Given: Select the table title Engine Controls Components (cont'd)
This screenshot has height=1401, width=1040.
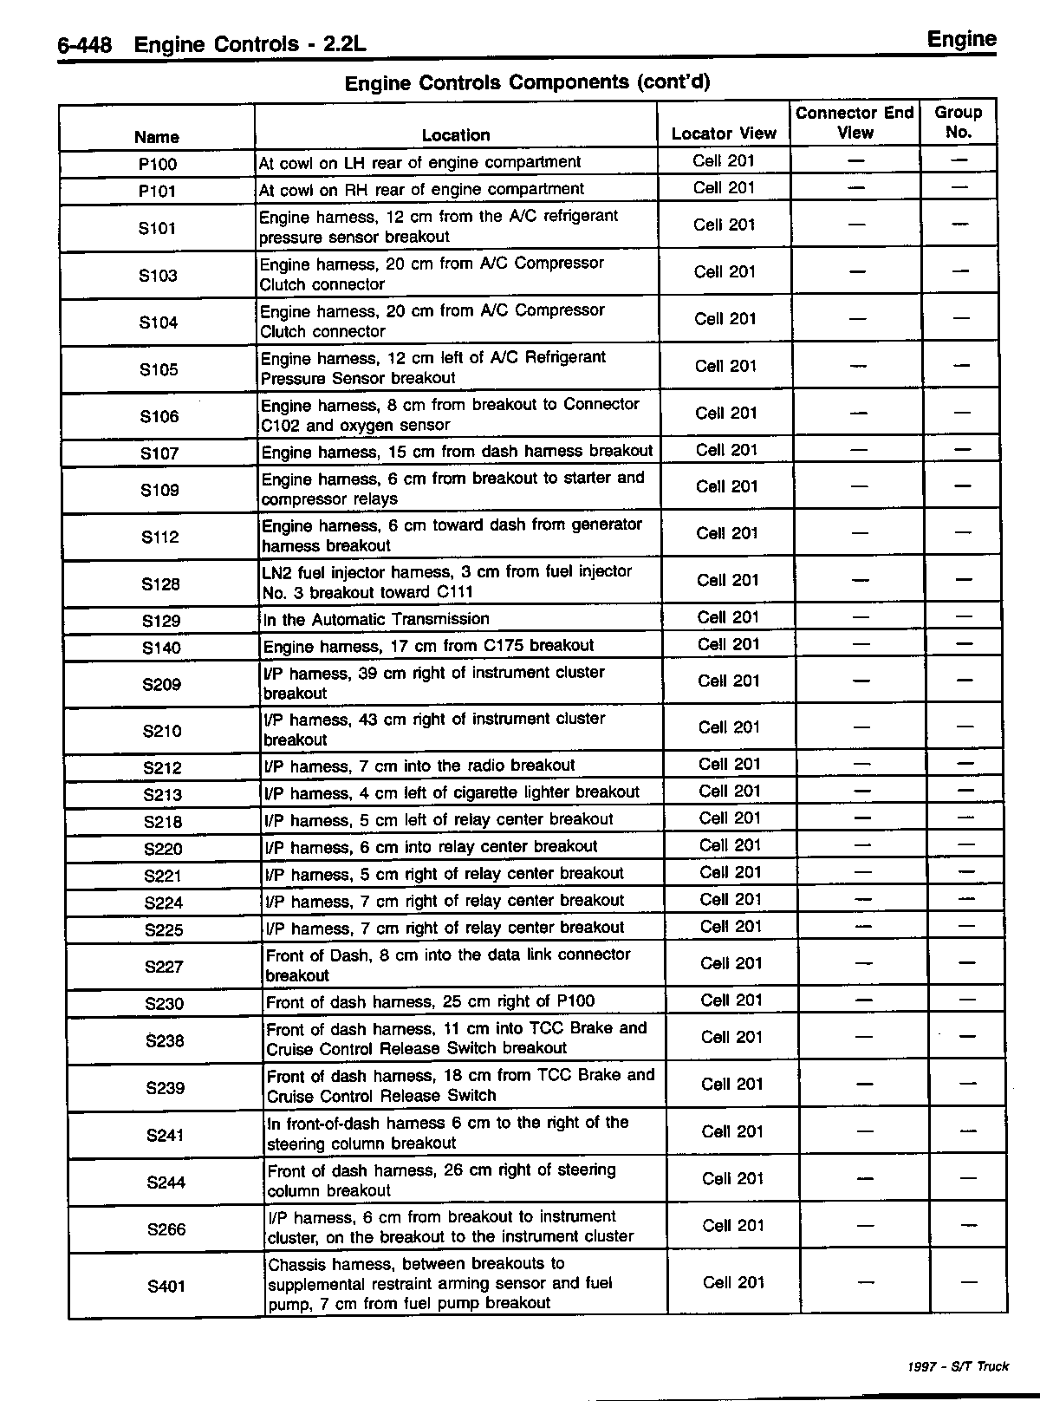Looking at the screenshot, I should click(527, 82).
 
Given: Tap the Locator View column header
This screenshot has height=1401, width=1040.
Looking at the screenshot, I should click(724, 134).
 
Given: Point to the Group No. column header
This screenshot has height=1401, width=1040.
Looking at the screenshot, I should click(958, 122).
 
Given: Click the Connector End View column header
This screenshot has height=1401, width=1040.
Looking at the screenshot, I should click(854, 122).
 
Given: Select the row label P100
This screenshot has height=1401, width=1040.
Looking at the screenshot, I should click(157, 164).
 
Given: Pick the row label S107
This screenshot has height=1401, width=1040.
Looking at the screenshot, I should click(159, 453).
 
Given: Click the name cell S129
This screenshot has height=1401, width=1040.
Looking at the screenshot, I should click(160, 621).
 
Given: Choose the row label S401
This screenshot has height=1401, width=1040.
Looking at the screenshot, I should click(166, 1286).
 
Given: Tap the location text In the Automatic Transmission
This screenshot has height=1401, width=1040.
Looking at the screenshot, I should click(376, 619).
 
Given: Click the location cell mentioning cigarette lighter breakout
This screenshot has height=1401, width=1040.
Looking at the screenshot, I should click(452, 792).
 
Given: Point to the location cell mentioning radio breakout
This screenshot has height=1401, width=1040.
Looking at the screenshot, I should click(419, 766).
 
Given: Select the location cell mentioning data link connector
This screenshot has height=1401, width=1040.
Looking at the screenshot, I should click(448, 964).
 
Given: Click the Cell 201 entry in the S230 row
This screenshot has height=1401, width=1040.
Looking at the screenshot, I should click(731, 1000).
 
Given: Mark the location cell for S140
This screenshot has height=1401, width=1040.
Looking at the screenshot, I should click(428, 646).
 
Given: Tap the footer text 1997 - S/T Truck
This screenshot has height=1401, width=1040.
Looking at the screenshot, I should click(958, 1366).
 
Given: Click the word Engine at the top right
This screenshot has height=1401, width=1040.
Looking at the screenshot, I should click(961, 39).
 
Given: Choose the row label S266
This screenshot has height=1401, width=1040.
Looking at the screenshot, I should click(166, 1228).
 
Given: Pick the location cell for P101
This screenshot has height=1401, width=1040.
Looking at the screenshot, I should click(421, 189).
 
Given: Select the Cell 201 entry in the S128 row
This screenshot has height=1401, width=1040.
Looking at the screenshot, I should click(728, 580).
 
